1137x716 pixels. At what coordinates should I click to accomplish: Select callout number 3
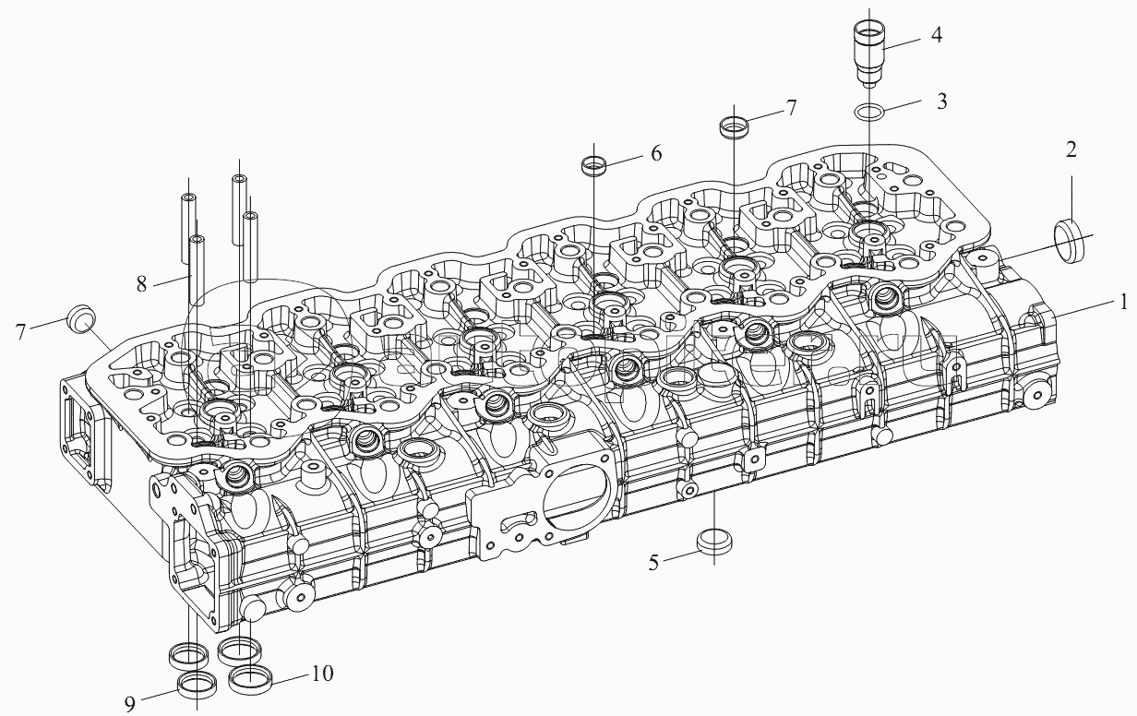pos(941,101)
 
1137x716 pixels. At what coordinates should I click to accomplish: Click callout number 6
pos(656,153)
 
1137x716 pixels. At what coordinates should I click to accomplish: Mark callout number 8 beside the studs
pos(141,284)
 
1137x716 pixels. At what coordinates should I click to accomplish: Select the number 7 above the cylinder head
pos(791,109)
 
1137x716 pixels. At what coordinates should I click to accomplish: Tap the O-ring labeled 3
pos(868,112)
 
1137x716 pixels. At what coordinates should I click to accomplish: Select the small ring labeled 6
pos(593,167)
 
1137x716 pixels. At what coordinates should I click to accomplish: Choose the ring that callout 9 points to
pos(197,686)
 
